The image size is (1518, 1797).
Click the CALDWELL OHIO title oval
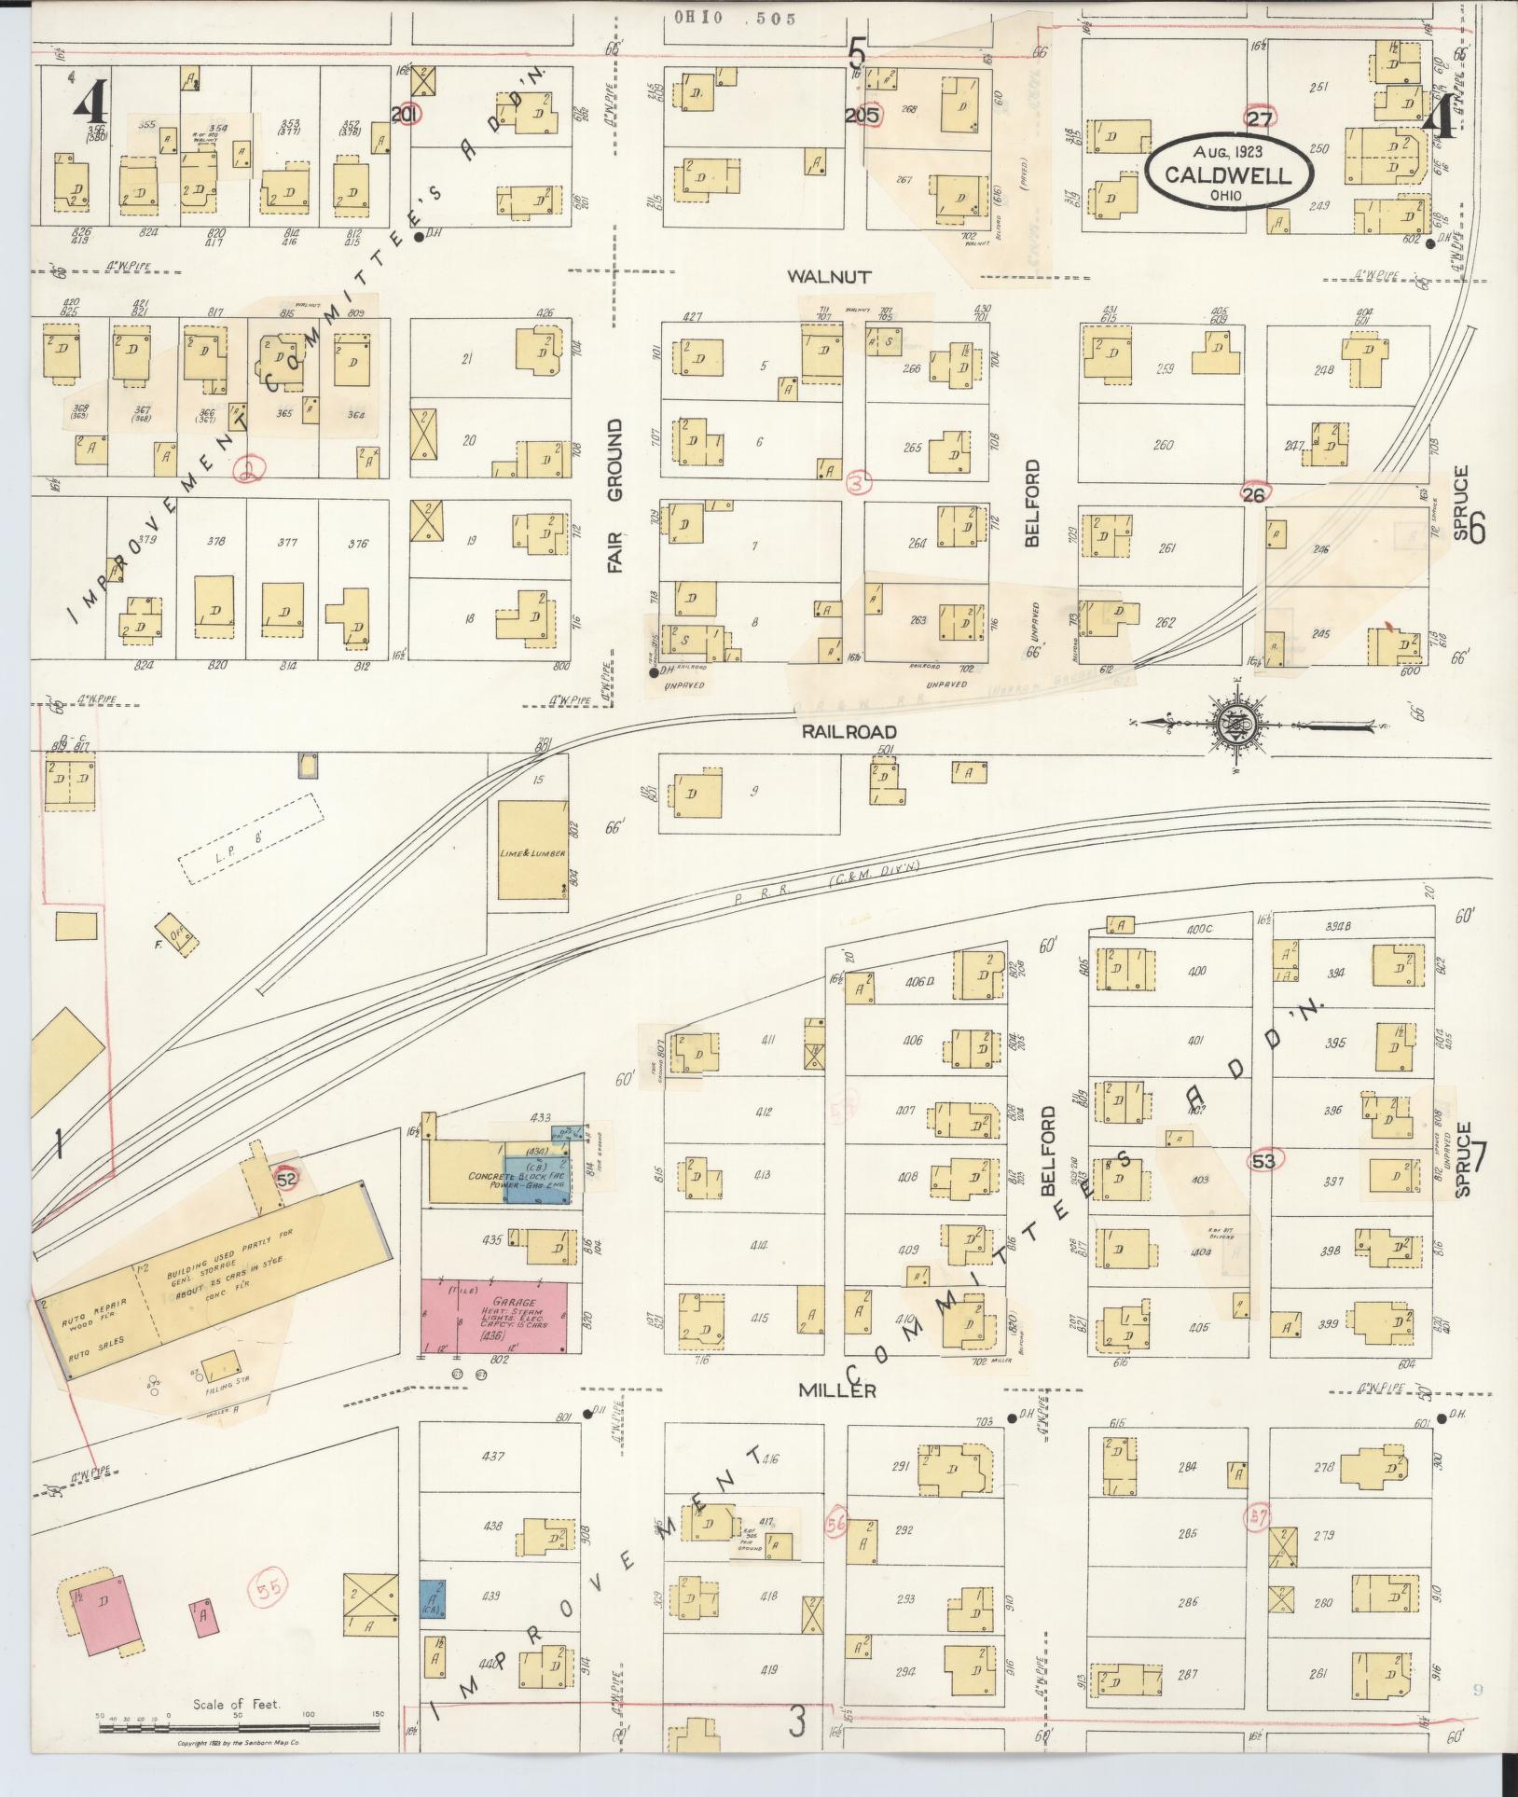(1229, 173)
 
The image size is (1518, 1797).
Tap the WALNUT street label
(829, 277)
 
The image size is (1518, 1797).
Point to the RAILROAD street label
(849, 732)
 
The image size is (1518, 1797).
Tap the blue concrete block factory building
(537, 1178)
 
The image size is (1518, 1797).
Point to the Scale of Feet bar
(238, 1728)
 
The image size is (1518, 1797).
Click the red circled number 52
(287, 1179)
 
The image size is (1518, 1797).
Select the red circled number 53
(1264, 1161)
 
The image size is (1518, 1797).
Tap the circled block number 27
(1259, 118)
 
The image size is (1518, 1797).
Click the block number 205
(862, 117)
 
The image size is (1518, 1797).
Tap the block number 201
(406, 115)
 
